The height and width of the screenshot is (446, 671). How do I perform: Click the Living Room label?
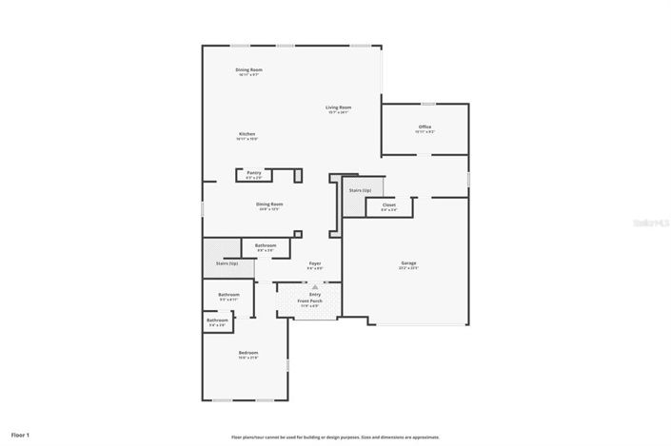[339, 108]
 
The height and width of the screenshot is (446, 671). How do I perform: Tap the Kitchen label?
[247, 135]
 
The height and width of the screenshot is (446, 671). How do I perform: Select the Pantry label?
[253, 173]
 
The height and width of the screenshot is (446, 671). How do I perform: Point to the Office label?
[424, 127]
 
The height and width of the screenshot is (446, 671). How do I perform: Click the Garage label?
[408, 263]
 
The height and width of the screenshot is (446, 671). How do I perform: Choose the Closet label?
[388, 205]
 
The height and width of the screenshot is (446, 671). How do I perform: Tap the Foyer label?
[314, 263]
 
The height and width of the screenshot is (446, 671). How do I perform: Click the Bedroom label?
[247, 353]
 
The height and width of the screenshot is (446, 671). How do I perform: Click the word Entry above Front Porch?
[315, 295]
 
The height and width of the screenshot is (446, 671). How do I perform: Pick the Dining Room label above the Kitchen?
[249, 70]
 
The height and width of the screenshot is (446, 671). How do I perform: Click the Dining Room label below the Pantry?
[269, 204]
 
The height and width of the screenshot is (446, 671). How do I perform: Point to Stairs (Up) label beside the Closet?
[360, 191]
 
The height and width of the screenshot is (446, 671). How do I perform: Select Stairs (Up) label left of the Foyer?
[227, 263]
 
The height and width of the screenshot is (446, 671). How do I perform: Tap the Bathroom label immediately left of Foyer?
[266, 246]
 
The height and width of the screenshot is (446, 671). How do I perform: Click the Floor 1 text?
[20, 435]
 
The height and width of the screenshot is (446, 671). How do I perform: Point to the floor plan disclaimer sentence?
[335, 437]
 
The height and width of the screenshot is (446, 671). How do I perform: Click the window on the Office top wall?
[428, 104]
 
